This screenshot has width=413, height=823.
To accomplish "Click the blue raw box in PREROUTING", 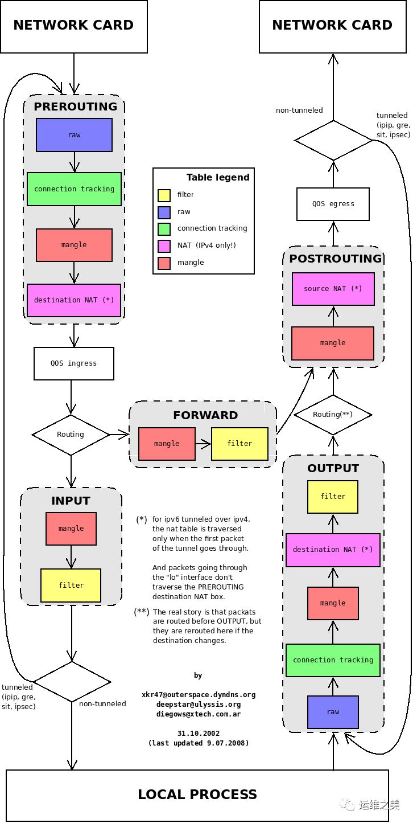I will tap(74, 135).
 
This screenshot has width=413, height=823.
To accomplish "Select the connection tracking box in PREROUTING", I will tap(74, 189).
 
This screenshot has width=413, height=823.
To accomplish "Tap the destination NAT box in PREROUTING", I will tap(74, 300).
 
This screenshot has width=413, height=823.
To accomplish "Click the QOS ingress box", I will tap(74, 363).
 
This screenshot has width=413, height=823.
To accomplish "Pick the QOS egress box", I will tap(333, 204).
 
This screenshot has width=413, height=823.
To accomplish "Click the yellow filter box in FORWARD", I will tap(239, 444).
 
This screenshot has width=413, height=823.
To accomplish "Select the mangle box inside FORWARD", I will tap(167, 444).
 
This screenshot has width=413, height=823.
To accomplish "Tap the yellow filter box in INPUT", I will tap(71, 585).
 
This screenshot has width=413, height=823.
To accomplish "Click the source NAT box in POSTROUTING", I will tap(333, 289).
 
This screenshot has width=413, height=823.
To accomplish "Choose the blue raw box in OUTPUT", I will tap(333, 712).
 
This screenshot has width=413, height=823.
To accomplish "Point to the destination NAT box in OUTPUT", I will tap(333, 550).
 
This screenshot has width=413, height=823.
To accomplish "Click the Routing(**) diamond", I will tap(333, 415).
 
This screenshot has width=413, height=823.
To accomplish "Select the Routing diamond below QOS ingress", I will tap(71, 435).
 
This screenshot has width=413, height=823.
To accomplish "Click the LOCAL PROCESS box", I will tap(197, 795).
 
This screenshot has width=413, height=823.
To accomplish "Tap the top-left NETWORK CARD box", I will tap(73, 26).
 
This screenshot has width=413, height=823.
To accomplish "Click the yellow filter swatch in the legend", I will tap(164, 195).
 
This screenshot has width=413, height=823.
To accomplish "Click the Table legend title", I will tap(218, 178).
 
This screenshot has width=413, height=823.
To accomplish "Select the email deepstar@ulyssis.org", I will tap(199, 705).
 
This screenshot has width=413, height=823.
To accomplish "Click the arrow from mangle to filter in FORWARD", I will tap(203, 444).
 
